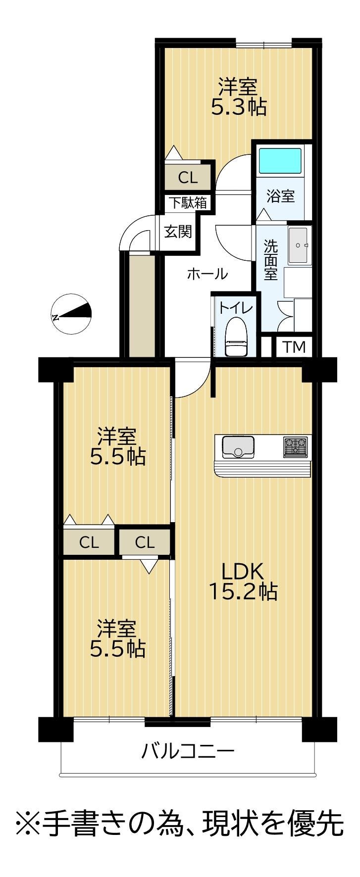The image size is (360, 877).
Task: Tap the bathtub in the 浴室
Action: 280,160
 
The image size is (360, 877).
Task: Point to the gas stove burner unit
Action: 295,446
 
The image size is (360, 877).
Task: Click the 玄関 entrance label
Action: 178,231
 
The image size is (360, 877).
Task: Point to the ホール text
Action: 207,273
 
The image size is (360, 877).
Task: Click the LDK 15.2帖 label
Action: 242,581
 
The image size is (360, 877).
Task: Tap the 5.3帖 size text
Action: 239,107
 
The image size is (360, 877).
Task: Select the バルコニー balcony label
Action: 188,752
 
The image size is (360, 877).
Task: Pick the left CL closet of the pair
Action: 89,542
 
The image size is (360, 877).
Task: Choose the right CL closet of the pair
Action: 145,542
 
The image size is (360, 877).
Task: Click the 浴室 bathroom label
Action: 281,196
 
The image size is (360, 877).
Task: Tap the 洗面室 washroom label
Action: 270,260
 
